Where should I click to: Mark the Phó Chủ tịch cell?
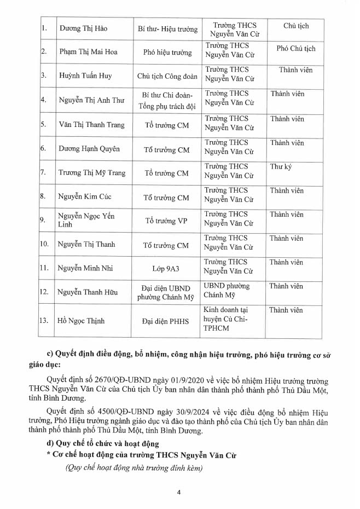(296, 49)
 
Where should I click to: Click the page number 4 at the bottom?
(179, 491)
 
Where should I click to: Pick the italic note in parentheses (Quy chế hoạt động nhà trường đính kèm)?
(133, 468)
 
